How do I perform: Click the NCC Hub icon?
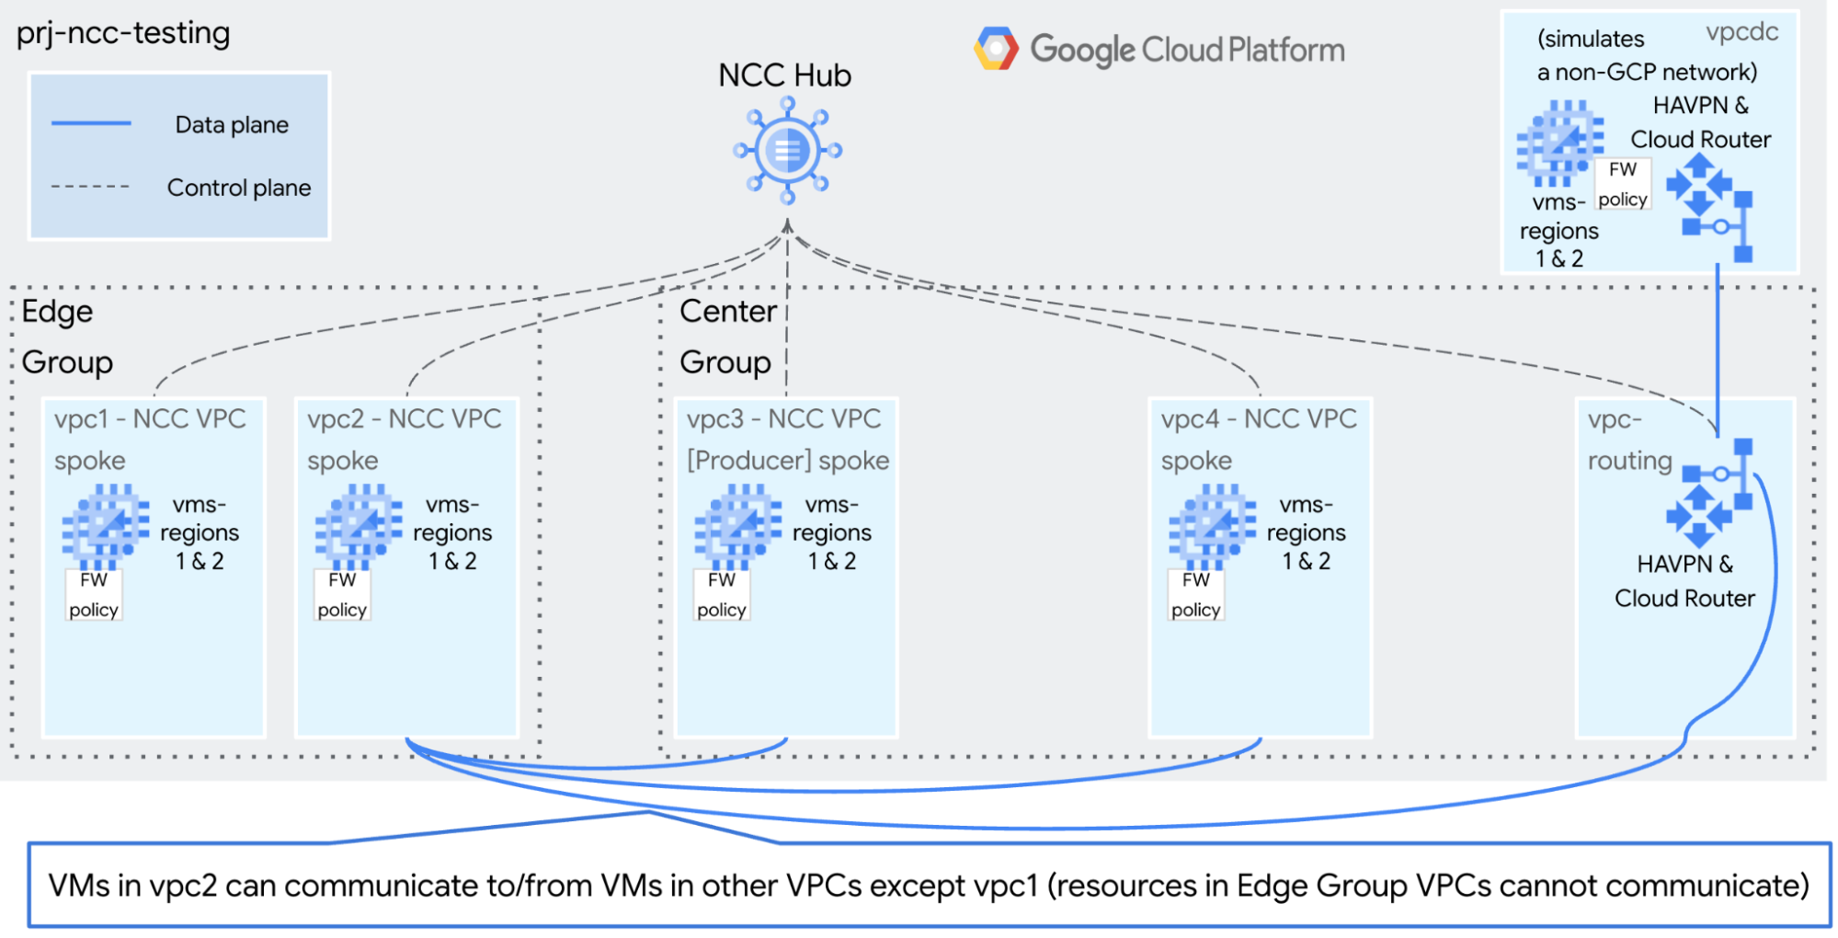coord(787,151)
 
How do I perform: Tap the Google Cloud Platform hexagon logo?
coord(996,49)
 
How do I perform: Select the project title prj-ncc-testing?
coord(123,33)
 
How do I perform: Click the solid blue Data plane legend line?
coord(91,123)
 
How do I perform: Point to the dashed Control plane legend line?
coord(90,187)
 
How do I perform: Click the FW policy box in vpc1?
coord(93,595)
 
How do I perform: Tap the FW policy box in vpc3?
coord(721,595)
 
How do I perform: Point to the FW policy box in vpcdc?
coord(1622,184)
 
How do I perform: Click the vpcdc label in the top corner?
coord(1741,32)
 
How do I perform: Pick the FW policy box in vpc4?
coord(1195,595)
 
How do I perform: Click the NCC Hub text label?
coord(784,75)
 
